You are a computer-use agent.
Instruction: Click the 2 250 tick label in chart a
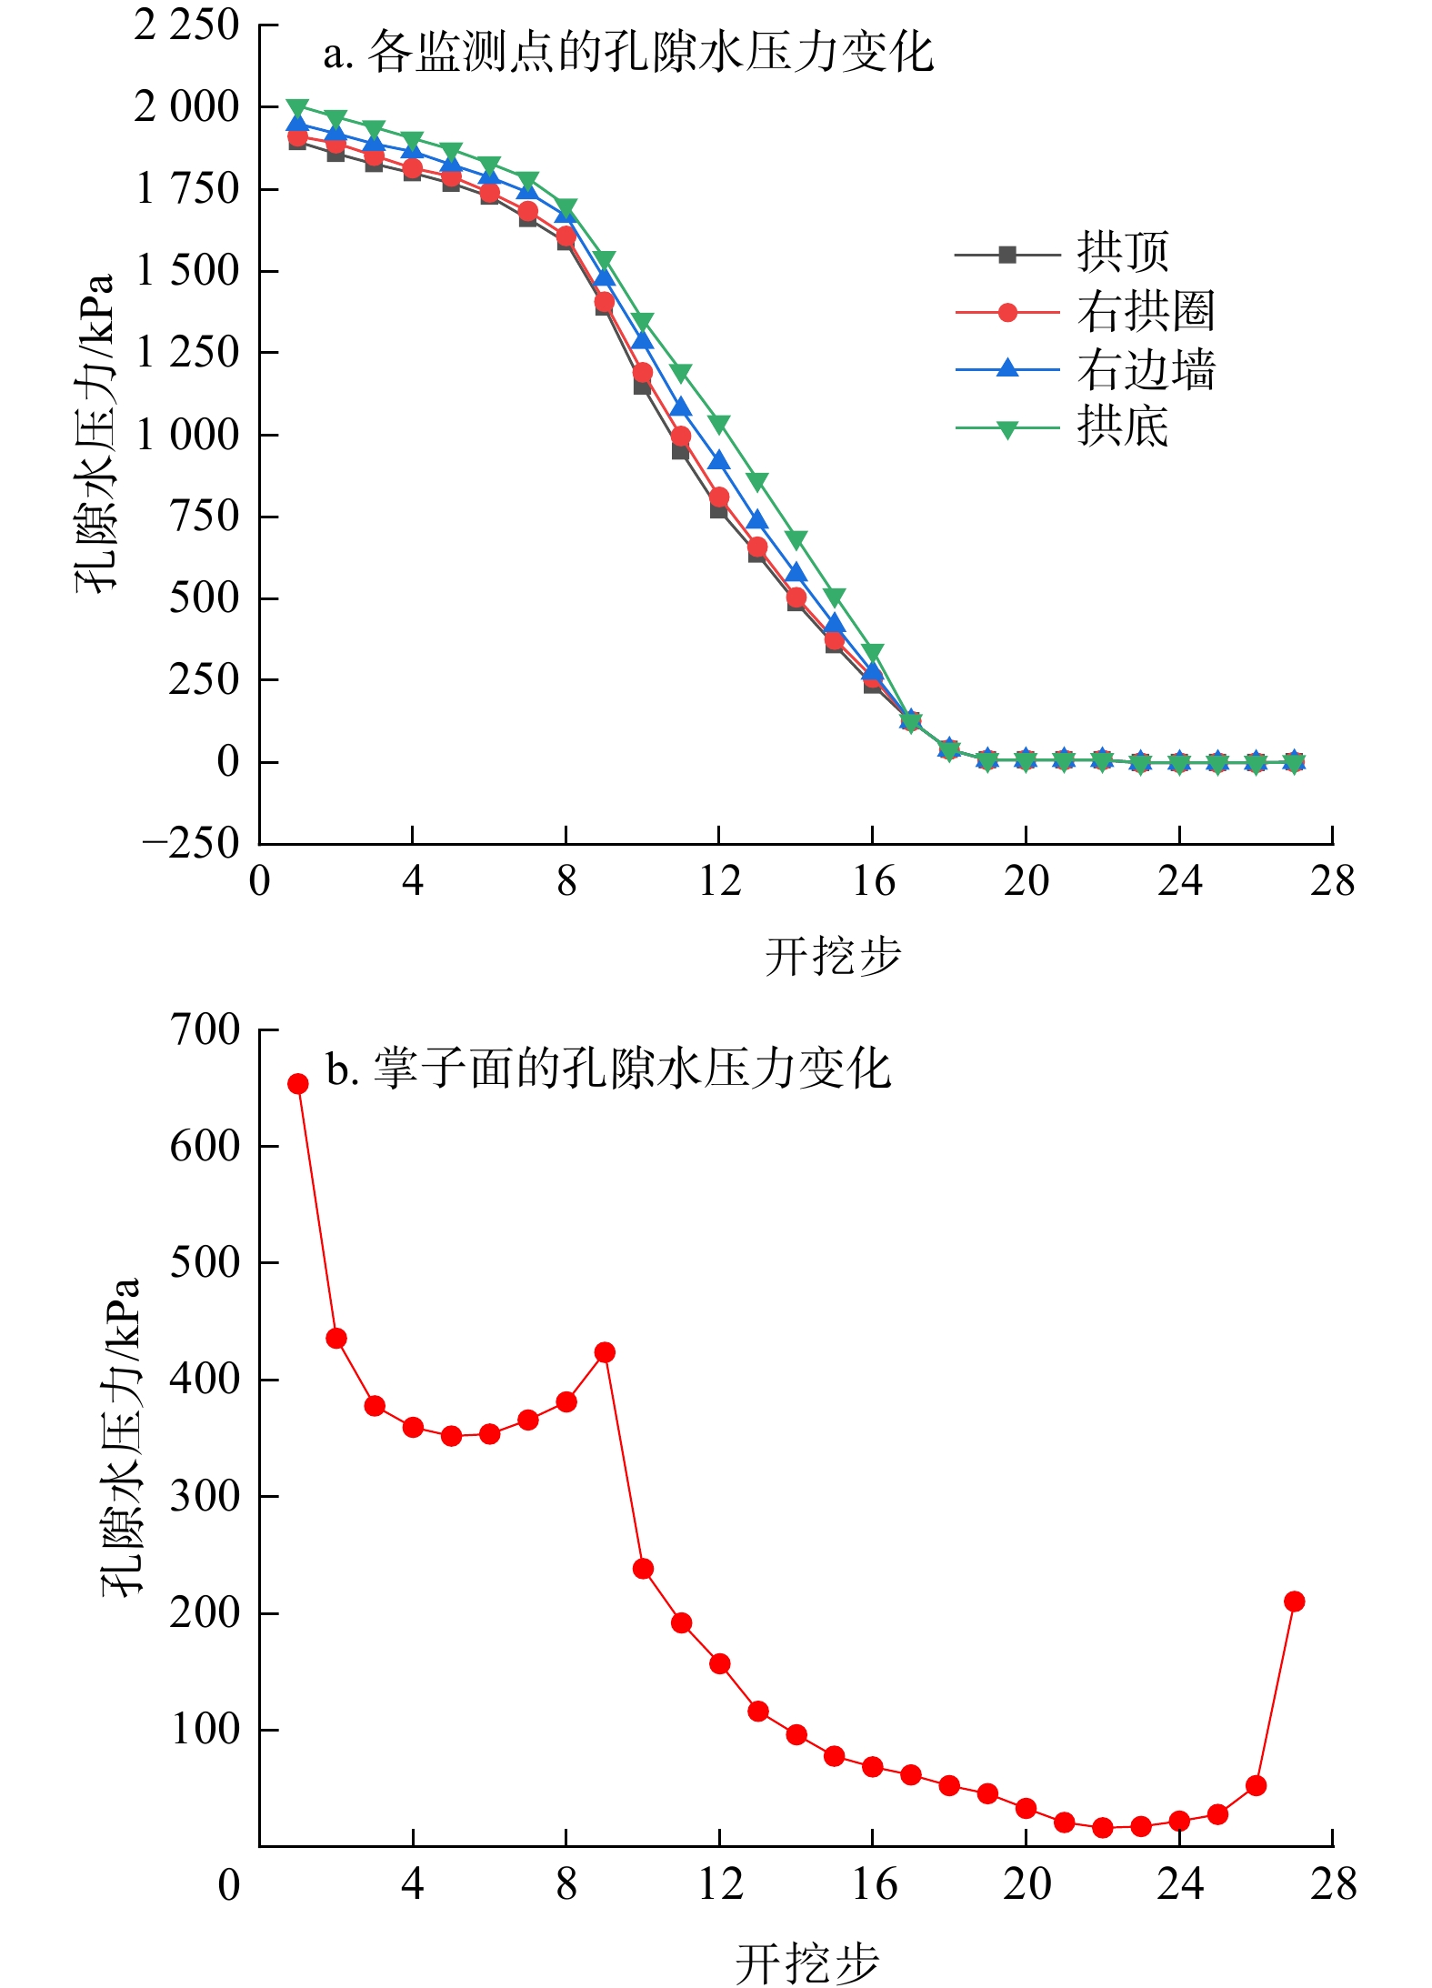(187, 25)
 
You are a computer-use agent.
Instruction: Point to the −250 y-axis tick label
(190, 844)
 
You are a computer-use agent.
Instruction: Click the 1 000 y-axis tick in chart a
(187, 435)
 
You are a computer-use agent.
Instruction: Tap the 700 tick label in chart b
(205, 1030)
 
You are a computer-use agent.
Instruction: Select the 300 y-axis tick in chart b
(205, 1496)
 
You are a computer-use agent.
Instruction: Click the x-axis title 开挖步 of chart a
(832, 957)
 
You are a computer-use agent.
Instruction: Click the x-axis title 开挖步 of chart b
(807, 1963)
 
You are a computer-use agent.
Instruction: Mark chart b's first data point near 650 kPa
(298, 1084)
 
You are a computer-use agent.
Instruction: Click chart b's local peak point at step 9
(605, 1352)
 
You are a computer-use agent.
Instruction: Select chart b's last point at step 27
(1295, 1601)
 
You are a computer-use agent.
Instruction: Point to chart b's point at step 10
(643, 1569)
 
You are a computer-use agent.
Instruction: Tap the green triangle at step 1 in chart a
(298, 107)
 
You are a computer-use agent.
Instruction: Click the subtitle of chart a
(628, 53)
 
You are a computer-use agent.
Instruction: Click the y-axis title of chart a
(95, 433)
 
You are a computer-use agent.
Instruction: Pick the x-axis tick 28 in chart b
(1333, 1884)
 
